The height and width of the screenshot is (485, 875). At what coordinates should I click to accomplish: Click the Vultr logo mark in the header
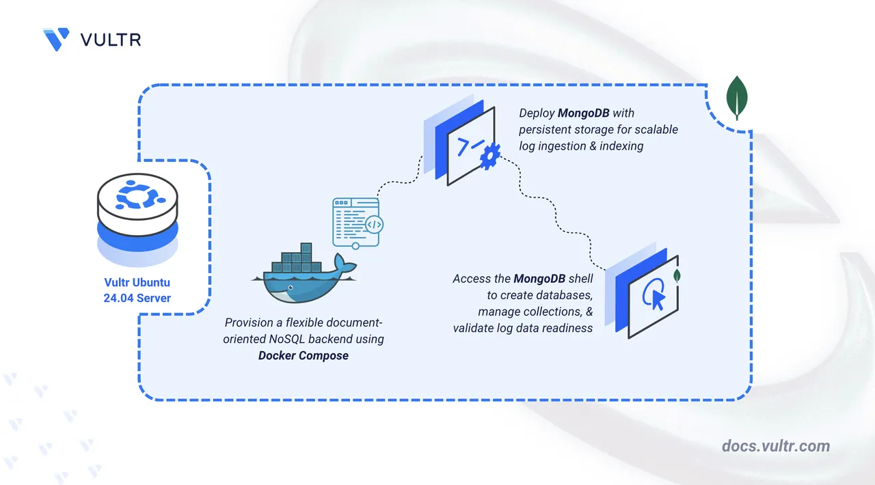[55, 40]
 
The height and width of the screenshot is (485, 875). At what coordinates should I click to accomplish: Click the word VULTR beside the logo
[111, 40]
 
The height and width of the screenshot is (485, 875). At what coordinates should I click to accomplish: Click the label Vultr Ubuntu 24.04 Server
[138, 290]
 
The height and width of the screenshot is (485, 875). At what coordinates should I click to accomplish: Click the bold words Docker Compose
[304, 355]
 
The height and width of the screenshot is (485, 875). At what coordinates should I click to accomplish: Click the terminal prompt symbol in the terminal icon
[470, 146]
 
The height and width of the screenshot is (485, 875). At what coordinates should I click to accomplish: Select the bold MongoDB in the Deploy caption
[583, 113]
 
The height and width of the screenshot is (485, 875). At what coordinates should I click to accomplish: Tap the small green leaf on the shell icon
[676, 277]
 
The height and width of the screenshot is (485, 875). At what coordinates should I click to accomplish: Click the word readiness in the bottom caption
[567, 328]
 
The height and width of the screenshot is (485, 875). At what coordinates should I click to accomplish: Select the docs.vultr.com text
[775, 446]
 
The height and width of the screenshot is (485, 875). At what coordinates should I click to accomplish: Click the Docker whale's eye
[290, 288]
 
